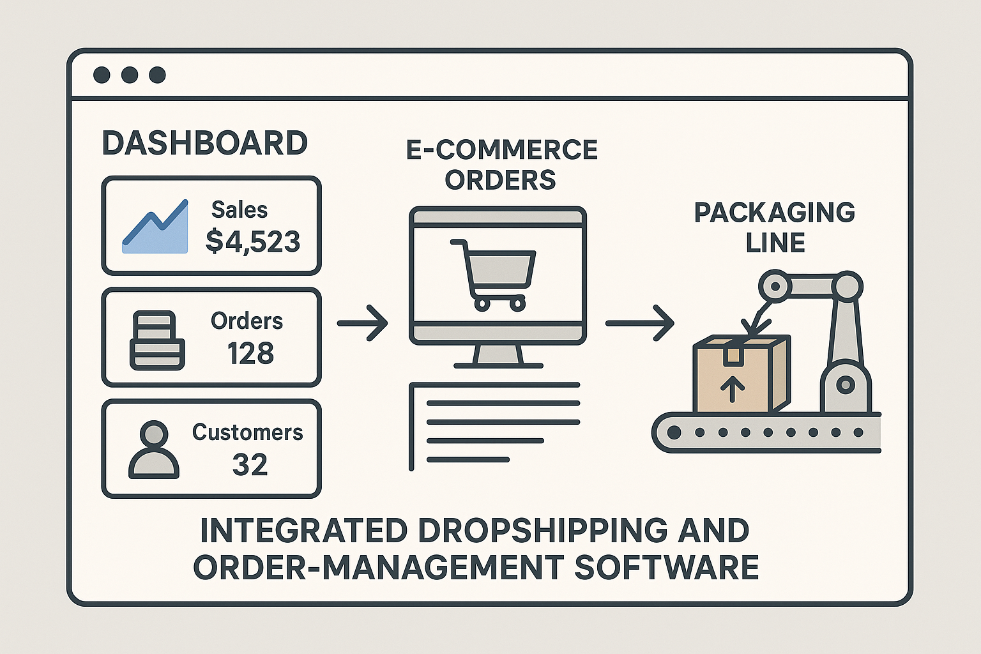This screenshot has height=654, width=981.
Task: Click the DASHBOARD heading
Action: (204, 143)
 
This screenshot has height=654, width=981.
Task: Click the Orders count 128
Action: (250, 353)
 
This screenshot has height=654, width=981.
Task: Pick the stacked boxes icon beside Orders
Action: (157, 340)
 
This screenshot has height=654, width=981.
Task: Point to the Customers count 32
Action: (250, 465)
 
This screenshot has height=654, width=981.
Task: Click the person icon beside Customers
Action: (154, 450)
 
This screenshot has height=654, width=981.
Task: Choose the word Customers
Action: (248, 432)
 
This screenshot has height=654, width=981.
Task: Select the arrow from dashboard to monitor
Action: (362, 323)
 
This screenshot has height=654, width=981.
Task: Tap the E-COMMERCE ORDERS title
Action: (501, 165)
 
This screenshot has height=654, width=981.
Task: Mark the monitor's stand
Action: (498, 356)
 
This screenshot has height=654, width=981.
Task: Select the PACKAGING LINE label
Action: (775, 227)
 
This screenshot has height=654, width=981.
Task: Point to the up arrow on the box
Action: (732, 388)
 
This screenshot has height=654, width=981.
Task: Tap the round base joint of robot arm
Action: (846, 384)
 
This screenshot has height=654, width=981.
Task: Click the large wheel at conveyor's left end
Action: (673, 432)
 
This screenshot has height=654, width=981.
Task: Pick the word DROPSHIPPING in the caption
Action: (543, 531)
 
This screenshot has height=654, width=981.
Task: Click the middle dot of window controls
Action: (130, 75)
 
